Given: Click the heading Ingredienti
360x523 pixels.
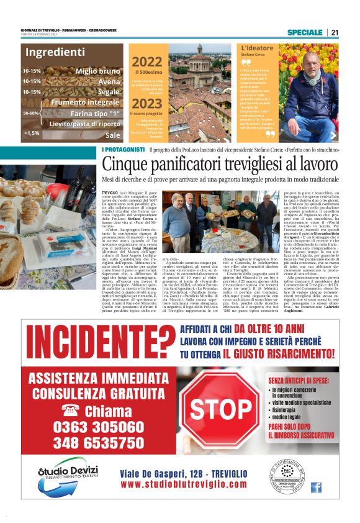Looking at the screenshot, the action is (55, 52).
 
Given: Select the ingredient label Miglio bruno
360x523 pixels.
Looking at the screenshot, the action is (97, 71).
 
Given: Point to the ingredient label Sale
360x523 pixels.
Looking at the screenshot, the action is (112, 134).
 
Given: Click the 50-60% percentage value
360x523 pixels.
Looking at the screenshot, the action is (31, 113).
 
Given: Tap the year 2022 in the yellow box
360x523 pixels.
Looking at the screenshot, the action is (147, 61).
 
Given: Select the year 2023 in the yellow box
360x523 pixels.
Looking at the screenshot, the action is (147, 103).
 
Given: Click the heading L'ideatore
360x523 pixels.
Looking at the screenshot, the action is (256, 48).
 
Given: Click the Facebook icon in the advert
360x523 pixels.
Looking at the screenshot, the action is (316, 487).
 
